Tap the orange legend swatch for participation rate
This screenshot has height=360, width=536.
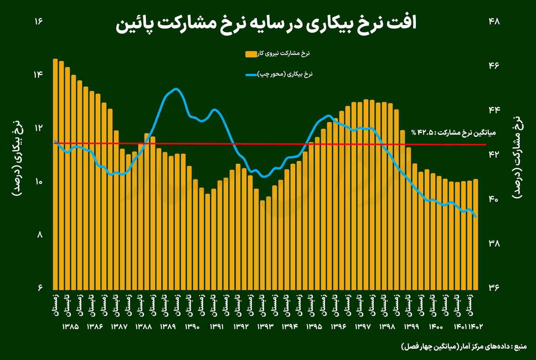(250, 54)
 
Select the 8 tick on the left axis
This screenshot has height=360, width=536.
(40, 235)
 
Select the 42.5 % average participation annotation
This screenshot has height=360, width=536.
(454, 133)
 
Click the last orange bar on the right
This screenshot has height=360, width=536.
(476, 235)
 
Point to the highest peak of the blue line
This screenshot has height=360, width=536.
(176, 89)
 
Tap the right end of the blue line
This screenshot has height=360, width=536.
(476, 217)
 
